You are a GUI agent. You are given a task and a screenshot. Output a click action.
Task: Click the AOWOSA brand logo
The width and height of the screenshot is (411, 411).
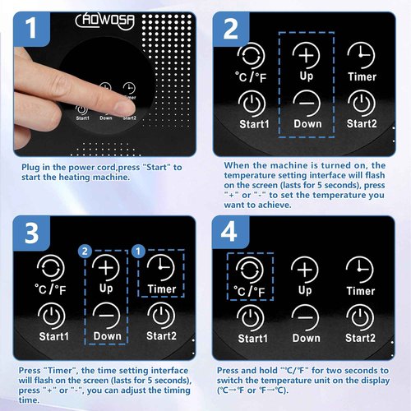(x=105, y=21)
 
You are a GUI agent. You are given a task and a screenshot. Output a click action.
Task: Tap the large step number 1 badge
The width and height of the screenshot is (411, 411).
(x=31, y=29)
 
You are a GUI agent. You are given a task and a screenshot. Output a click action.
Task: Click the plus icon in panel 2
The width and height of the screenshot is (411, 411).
(x=306, y=55)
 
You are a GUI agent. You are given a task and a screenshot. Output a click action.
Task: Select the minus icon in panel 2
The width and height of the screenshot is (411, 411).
(x=307, y=104)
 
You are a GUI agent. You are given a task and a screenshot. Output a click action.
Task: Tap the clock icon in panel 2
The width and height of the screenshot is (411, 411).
(x=361, y=55)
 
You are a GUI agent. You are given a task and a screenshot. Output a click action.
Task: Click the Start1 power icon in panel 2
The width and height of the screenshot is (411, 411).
(x=252, y=104)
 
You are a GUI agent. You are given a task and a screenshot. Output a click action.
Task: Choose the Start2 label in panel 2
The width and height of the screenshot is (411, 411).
(x=362, y=124)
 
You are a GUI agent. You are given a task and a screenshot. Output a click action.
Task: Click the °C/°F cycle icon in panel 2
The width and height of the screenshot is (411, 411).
(x=251, y=57)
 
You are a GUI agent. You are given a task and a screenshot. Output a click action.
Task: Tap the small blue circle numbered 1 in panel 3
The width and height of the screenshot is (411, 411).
(x=138, y=252)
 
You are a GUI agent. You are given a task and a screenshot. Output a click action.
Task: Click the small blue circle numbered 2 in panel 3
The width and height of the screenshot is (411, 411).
(x=85, y=252)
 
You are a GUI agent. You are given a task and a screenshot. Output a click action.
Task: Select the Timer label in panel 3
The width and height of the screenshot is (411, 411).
(x=162, y=289)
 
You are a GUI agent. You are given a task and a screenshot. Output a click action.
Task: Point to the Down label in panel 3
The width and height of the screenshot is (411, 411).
(x=107, y=336)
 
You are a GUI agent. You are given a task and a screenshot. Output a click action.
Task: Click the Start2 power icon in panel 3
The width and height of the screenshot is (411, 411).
(x=161, y=316)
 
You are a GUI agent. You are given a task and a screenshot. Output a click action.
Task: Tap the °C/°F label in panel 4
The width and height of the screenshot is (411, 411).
(x=249, y=291)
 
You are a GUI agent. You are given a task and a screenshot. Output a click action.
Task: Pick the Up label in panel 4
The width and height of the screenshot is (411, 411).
(x=305, y=290)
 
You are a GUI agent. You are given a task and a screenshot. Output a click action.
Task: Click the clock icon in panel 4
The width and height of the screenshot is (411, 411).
(x=359, y=270)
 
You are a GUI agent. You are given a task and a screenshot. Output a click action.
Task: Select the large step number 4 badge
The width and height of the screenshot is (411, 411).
(x=230, y=232)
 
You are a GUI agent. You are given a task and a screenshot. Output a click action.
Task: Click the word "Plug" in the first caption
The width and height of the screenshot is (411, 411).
(x=30, y=168)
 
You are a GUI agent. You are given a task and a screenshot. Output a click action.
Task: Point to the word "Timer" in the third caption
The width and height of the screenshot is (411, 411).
(x=60, y=371)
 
